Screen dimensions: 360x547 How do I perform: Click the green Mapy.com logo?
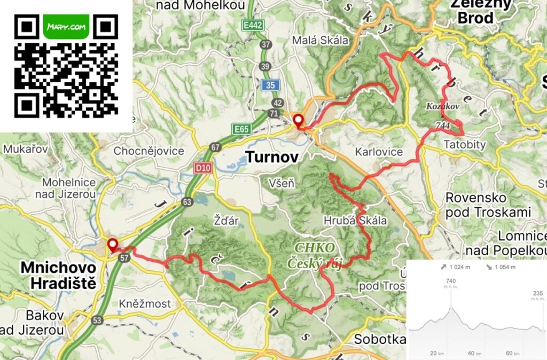click(67, 26)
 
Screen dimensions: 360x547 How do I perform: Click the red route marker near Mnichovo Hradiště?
click(113, 245)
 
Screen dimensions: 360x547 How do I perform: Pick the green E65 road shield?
click(241, 129)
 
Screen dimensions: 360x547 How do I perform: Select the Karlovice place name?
click(379, 152)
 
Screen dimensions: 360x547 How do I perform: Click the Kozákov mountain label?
click(442, 107)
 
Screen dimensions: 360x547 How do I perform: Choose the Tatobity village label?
click(464, 145)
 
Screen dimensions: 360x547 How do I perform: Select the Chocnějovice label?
click(149, 151)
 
